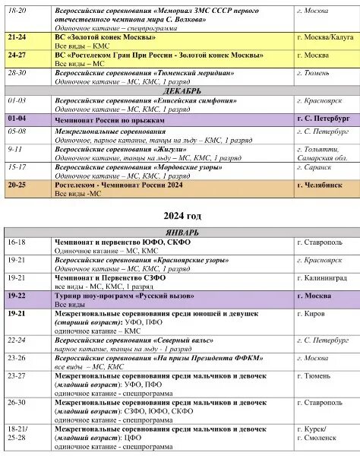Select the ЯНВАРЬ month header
[179, 231]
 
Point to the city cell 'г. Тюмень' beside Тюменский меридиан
[313, 72]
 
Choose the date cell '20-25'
[17, 185]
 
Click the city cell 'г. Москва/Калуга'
[324, 36]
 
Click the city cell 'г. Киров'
[311, 314]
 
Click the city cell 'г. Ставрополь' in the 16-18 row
[319, 242]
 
